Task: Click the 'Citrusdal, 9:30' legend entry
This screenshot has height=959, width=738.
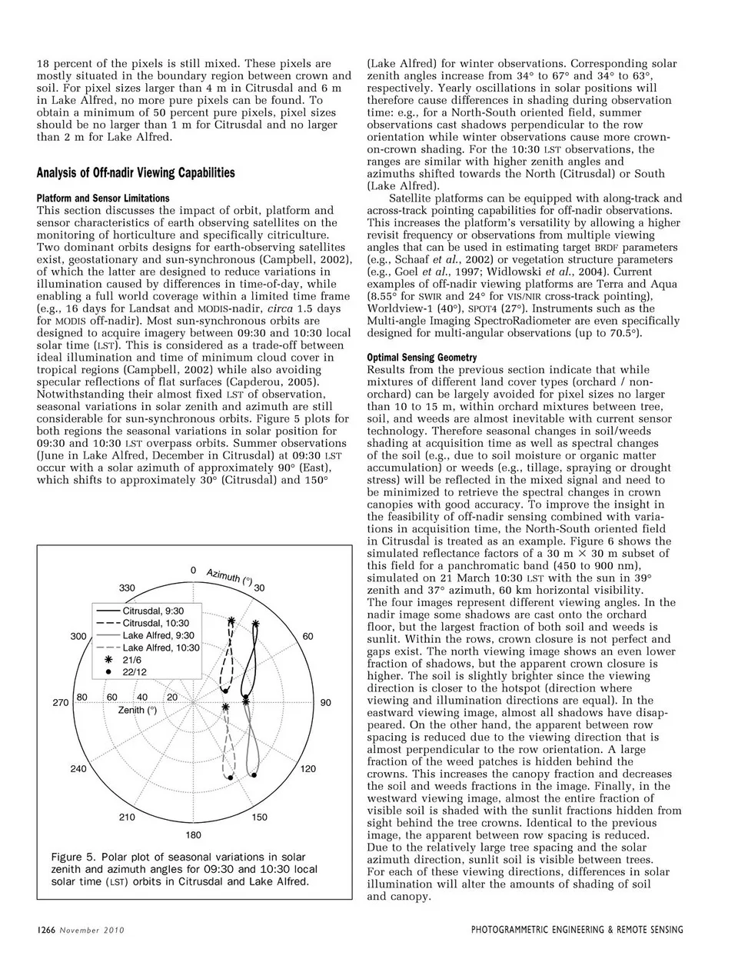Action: pos(153,611)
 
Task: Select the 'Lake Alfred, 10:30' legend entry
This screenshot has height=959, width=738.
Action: pos(161,648)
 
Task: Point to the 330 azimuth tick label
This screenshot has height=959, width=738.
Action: pos(127,588)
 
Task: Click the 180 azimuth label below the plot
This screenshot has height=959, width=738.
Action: pos(193,834)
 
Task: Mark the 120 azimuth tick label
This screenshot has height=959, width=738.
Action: pos(307,768)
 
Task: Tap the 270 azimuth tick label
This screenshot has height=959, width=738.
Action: pos(61,702)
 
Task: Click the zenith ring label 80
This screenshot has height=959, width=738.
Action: pos(82,697)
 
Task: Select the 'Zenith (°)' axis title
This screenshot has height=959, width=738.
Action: pos(138,710)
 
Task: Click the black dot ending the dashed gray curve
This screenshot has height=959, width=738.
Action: pos(230,778)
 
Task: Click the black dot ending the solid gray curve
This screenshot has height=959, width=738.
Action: pos(253,776)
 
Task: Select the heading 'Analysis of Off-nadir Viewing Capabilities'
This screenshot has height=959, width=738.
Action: pos(135,172)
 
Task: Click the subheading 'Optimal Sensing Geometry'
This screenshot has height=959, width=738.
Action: pos(421,358)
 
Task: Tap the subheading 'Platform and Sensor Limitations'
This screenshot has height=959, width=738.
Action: pos(103,198)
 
